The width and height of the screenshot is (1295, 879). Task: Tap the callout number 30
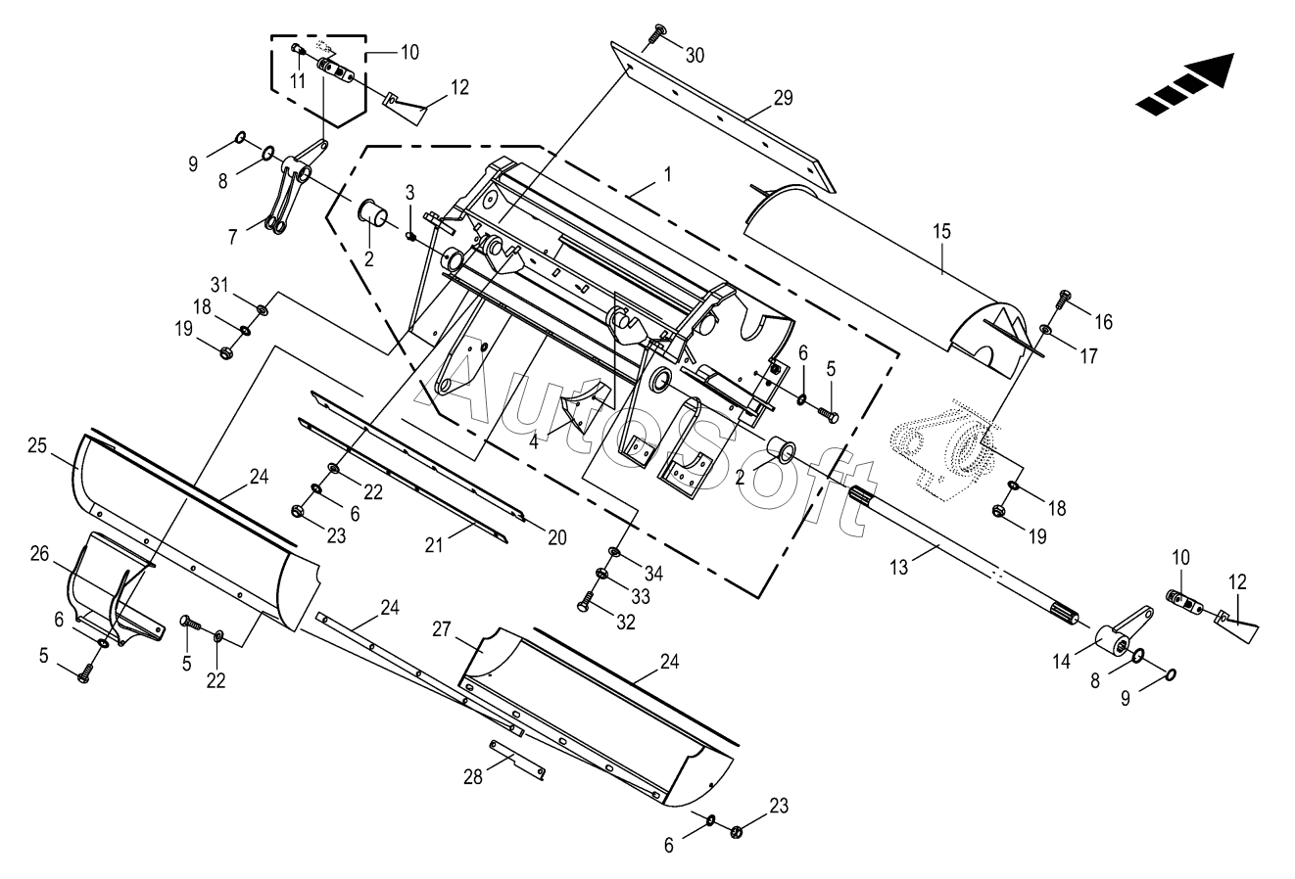tap(695, 56)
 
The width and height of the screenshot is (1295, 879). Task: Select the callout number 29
tap(784, 98)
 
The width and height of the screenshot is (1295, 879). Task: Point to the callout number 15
tap(941, 232)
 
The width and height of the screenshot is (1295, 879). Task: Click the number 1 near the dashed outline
tap(668, 174)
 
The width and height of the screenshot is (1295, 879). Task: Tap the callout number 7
tap(232, 237)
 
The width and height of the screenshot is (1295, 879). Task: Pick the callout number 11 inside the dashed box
tap(297, 81)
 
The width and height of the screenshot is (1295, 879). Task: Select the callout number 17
tap(1088, 356)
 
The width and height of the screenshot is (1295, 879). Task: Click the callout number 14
tap(1062, 662)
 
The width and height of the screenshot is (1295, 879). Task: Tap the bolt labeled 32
tap(586, 601)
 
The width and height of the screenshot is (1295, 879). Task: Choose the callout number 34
tap(653, 574)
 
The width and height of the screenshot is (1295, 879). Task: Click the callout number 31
tap(219, 285)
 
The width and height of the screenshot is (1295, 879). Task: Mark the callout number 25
tap(37, 445)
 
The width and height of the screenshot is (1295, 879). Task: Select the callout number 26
tap(40, 554)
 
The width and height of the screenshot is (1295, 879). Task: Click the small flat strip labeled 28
tap(517, 760)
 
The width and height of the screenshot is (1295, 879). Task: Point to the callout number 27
tap(442, 629)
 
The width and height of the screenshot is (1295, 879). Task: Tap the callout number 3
tap(409, 192)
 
